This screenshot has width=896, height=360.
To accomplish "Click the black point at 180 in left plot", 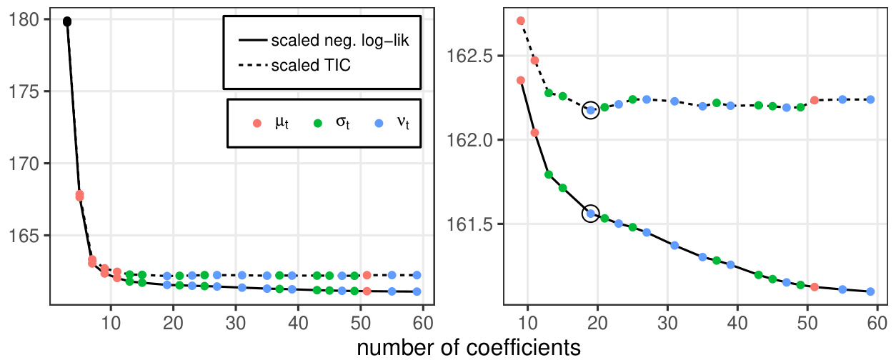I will [x=67, y=21].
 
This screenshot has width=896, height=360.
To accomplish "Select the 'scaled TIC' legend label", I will [x=312, y=66].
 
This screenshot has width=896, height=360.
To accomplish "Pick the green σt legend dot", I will [x=318, y=123].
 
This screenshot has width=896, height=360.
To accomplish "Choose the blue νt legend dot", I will [x=380, y=123].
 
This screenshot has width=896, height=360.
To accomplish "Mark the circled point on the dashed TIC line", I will [x=591, y=110].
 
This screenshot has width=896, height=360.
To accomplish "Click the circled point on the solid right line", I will [x=591, y=213].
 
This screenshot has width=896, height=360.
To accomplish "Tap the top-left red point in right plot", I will [x=521, y=21].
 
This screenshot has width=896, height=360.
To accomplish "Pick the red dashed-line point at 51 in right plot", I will [x=815, y=100].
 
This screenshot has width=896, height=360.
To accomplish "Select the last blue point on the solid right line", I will [x=870, y=291].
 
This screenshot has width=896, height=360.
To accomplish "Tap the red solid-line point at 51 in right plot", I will [x=815, y=286].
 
